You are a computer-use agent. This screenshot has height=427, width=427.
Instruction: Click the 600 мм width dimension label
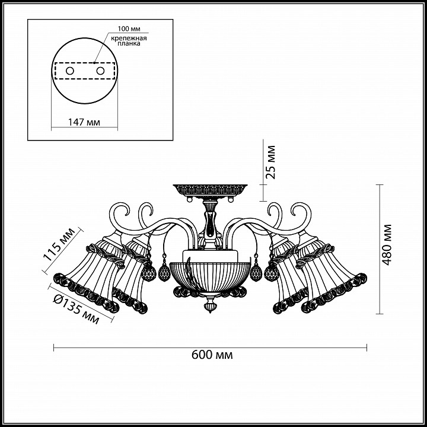[212, 355]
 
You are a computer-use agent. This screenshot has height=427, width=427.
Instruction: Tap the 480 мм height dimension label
[386, 244]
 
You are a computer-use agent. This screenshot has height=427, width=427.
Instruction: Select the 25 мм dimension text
[270, 162]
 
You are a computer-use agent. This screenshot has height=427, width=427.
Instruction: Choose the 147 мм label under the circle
[84, 122]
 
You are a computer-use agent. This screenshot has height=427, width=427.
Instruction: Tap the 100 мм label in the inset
[129, 28]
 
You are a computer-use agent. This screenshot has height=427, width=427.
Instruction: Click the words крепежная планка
[129, 40]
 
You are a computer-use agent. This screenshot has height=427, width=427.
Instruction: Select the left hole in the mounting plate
[70, 71]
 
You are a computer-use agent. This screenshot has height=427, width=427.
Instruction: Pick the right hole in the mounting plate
[100, 71]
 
